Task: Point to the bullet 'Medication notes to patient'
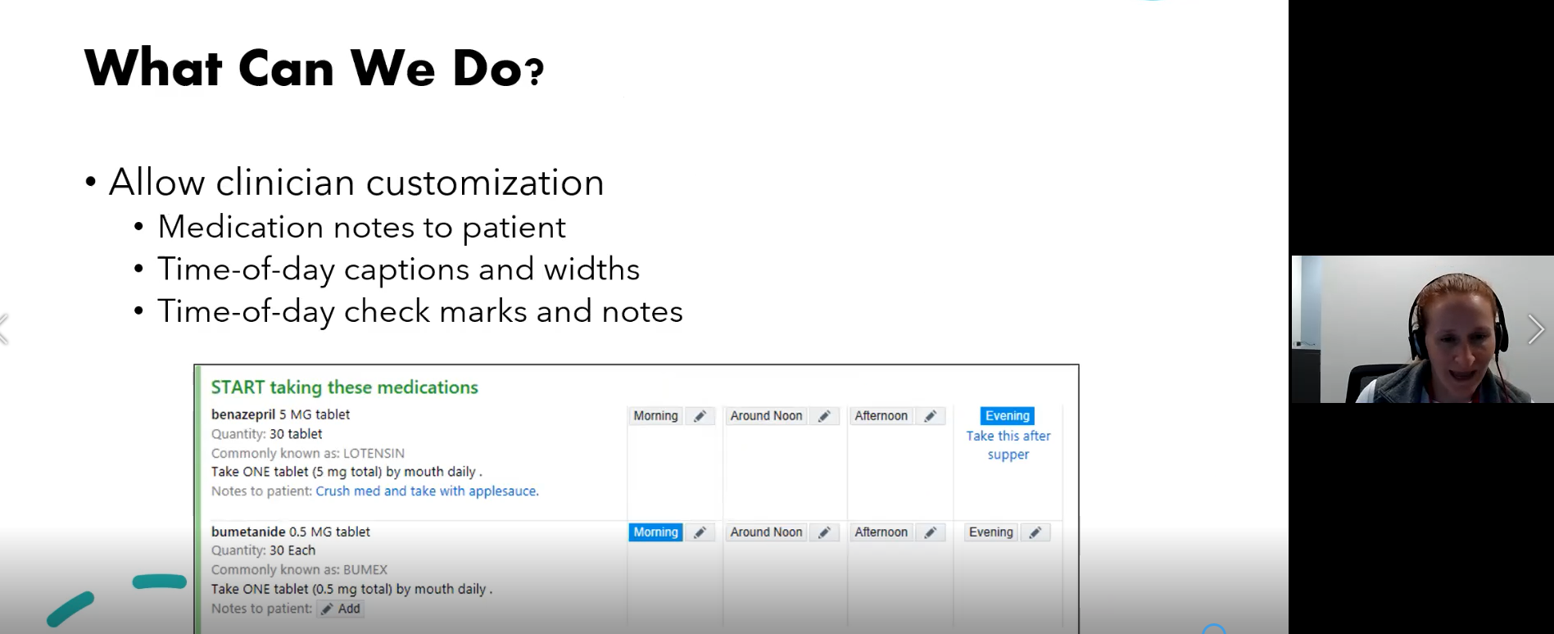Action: click(x=361, y=227)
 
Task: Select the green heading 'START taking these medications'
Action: click(x=344, y=387)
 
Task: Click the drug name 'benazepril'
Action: click(x=243, y=414)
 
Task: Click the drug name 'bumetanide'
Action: click(x=248, y=532)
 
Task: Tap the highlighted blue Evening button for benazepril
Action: click(x=1008, y=415)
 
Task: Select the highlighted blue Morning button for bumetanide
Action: click(x=655, y=532)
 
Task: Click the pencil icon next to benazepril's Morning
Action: click(x=700, y=416)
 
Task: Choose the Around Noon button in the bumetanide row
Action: click(x=766, y=532)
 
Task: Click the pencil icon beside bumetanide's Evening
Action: click(x=1035, y=532)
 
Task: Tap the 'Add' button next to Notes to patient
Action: click(x=340, y=609)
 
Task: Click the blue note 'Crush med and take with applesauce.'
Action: click(x=427, y=491)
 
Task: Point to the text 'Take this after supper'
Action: click(x=1008, y=445)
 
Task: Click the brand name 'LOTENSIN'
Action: click(x=374, y=453)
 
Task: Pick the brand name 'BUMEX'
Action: click(x=365, y=569)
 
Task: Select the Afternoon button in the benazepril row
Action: click(x=881, y=416)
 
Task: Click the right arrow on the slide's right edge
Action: click(x=1536, y=329)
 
